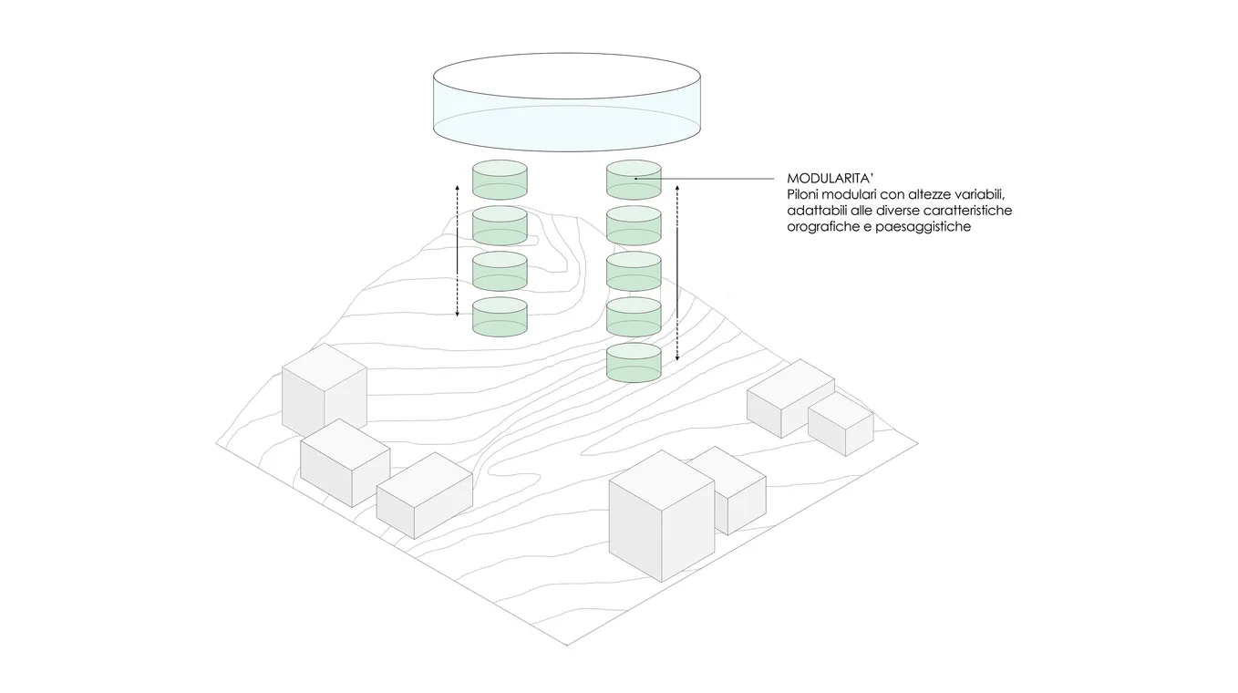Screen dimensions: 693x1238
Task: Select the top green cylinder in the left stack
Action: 500,179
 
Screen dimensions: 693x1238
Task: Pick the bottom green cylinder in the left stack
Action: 500,315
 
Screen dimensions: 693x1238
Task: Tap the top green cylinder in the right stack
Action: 634,180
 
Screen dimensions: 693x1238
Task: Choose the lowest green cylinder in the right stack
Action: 634,363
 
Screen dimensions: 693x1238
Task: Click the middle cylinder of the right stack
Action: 634,271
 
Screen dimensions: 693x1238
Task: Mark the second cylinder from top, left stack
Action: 500,224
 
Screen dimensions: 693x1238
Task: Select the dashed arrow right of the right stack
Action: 677,274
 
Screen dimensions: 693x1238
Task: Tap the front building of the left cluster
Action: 424,497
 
